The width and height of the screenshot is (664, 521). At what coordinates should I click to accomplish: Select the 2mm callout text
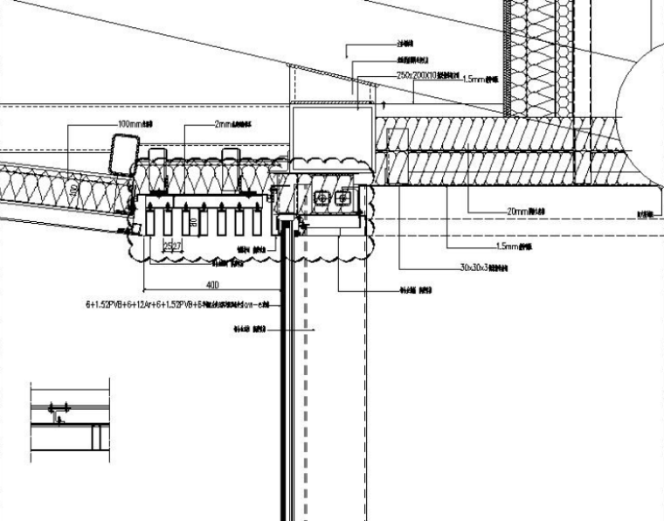[230, 125]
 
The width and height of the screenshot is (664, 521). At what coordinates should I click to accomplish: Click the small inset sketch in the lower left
[70, 420]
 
